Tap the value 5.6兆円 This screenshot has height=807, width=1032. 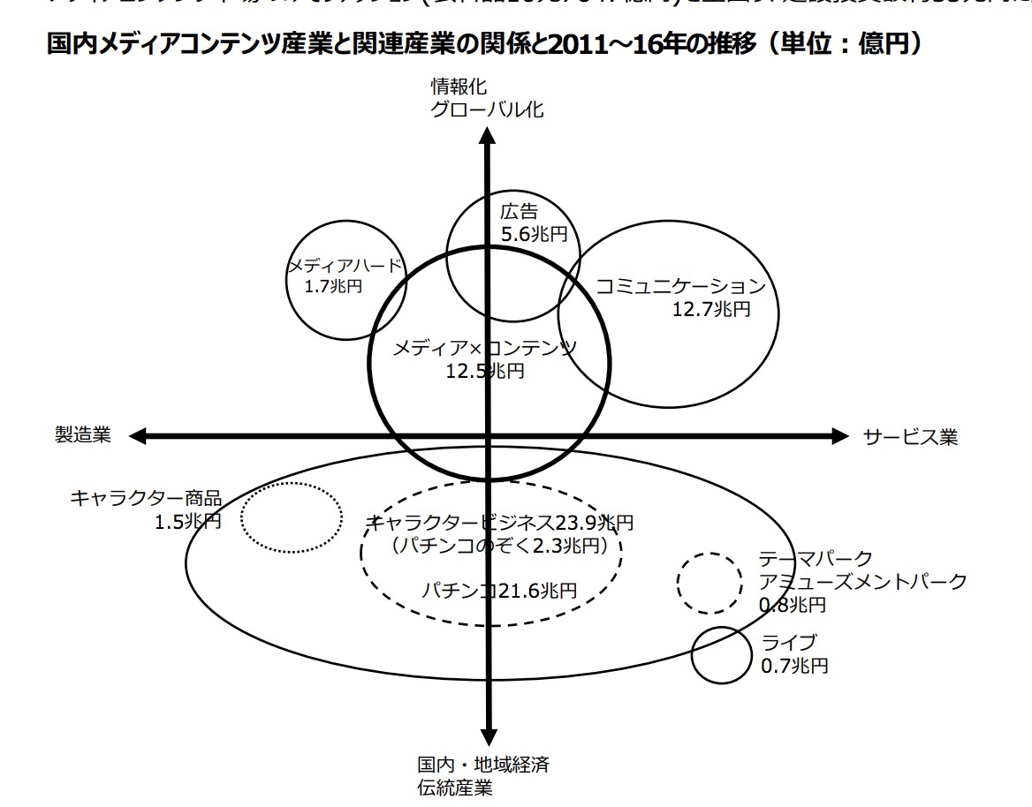(x=534, y=234)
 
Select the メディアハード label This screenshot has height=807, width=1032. (x=345, y=266)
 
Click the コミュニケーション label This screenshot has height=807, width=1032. (x=679, y=286)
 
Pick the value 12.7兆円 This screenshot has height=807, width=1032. (x=711, y=309)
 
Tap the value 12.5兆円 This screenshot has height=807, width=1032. (x=485, y=372)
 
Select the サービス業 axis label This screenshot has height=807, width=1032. (x=910, y=437)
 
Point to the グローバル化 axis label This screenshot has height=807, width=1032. (x=488, y=109)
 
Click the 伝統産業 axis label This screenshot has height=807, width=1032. (x=455, y=787)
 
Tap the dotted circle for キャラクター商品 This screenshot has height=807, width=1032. (x=292, y=518)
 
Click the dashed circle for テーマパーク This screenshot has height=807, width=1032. (x=709, y=583)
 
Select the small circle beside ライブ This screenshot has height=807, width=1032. (x=720, y=655)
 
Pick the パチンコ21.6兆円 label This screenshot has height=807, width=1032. (x=499, y=590)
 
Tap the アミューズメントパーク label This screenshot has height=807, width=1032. (x=863, y=582)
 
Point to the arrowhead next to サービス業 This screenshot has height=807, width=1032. (x=838, y=435)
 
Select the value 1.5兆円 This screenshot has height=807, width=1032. (x=187, y=522)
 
